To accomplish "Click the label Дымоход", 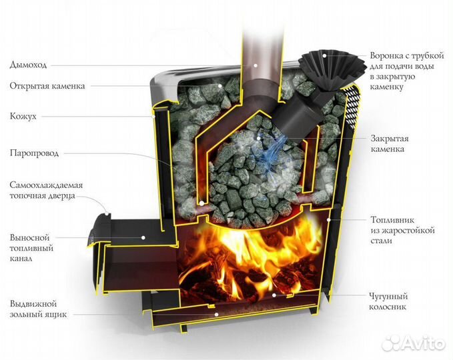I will (29, 65).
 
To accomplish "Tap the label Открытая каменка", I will (47, 87).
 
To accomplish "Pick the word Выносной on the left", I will (30, 237).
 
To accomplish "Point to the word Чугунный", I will (390, 296).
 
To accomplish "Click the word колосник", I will (388, 307).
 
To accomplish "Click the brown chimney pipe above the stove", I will (258, 33).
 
